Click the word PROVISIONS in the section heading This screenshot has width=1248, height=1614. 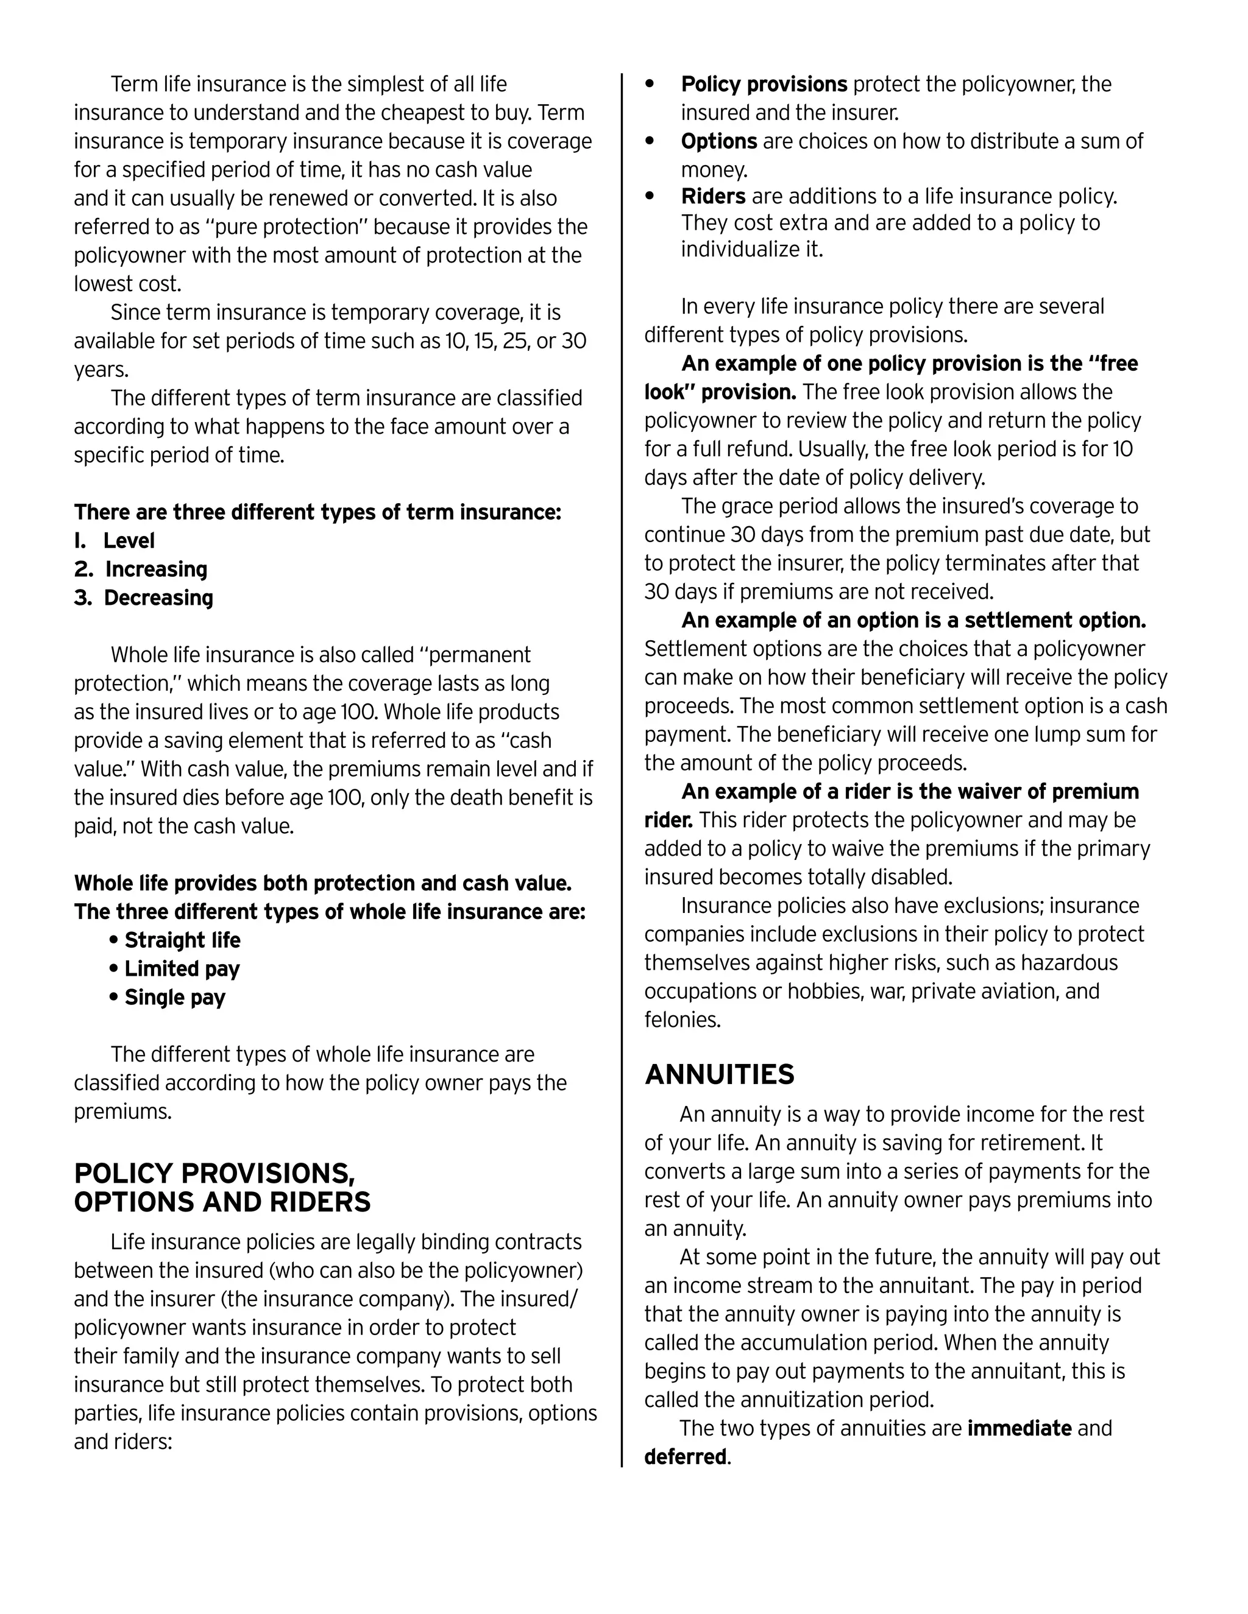(x=267, y=1174)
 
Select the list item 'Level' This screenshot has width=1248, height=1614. (x=129, y=541)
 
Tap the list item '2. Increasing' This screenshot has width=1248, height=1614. (x=141, y=569)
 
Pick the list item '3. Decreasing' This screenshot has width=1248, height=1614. (x=143, y=598)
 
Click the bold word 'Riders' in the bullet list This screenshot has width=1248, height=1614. (x=713, y=197)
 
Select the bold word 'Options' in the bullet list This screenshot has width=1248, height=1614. (x=718, y=141)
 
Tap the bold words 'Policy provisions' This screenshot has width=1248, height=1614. (x=764, y=84)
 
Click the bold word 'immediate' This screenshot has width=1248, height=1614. (x=1019, y=1428)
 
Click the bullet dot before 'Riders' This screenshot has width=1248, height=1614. (x=650, y=197)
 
